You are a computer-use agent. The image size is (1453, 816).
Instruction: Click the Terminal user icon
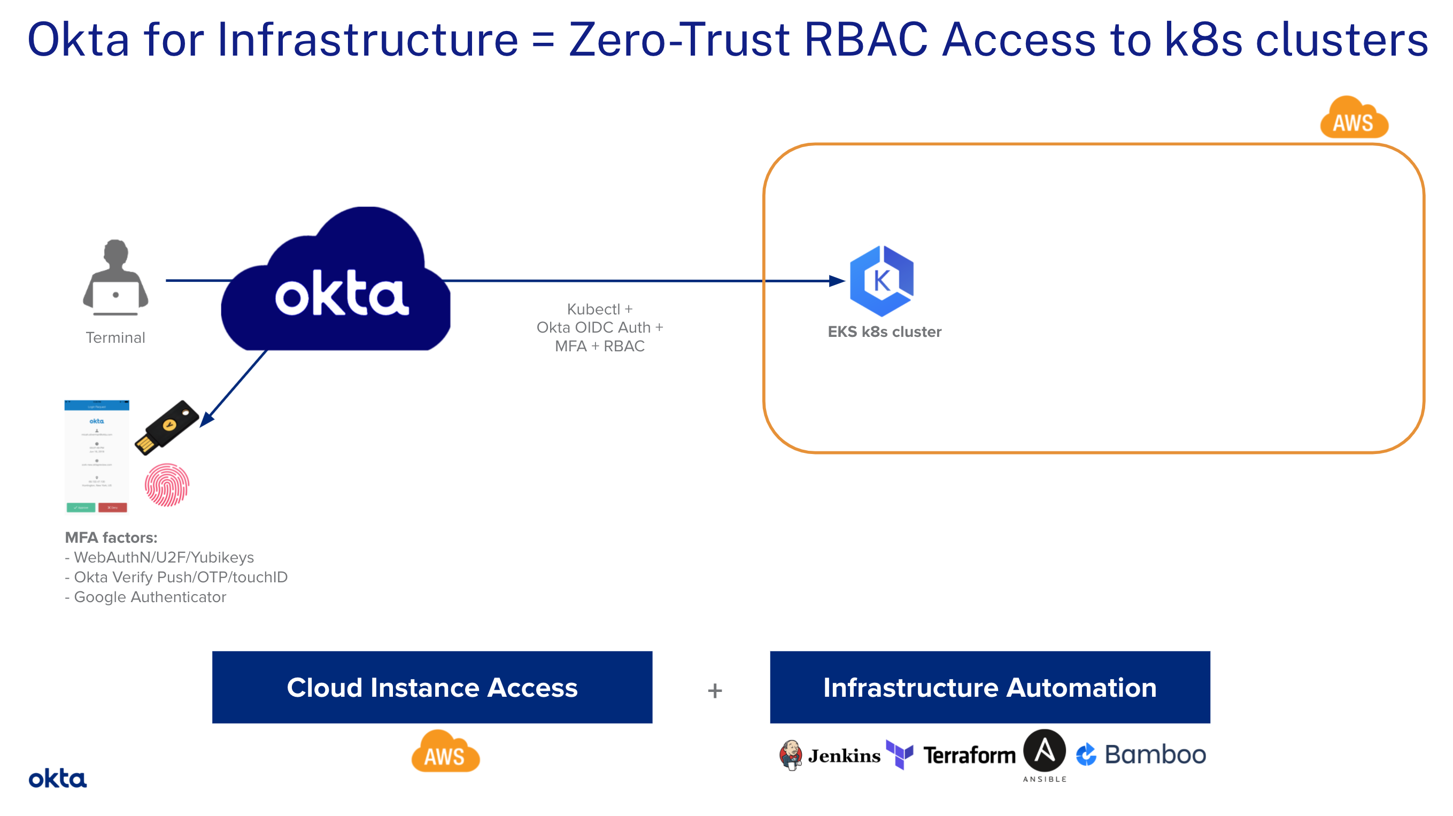(115, 277)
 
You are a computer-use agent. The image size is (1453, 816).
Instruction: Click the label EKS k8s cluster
(884, 332)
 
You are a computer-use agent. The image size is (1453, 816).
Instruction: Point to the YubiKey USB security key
(167, 427)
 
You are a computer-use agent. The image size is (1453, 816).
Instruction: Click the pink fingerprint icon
(167, 485)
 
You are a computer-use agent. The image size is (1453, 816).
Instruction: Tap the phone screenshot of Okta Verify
(96, 457)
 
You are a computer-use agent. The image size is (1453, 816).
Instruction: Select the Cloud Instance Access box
(432, 687)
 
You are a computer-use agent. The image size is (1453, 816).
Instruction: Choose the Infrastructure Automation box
(990, 687)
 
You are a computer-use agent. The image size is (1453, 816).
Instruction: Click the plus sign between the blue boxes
(715, 691)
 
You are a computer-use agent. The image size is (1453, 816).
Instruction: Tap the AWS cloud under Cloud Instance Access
(446, 752)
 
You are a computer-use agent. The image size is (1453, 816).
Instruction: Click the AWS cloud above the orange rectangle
(1354, 118)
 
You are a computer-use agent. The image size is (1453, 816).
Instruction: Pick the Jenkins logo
(830, 755)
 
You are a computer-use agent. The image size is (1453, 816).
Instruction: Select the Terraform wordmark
(969, 755)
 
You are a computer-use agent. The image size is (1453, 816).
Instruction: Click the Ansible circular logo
(1044, 751)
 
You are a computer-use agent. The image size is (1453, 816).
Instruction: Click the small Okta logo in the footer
(58, 779)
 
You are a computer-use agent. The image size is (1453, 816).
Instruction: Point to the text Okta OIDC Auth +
(600, 327)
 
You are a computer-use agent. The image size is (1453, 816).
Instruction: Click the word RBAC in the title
(866, 40)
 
